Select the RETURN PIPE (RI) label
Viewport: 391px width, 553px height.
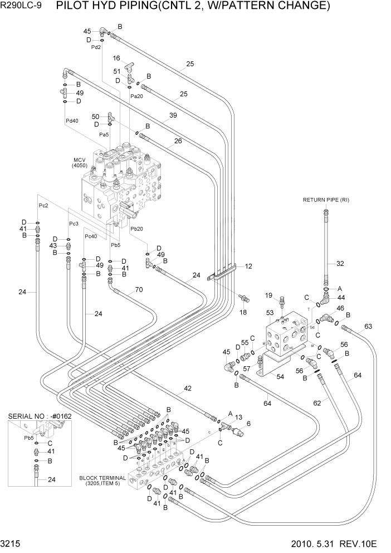326,200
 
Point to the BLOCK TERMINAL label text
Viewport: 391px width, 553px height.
102,478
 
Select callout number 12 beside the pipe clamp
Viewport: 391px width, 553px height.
248,266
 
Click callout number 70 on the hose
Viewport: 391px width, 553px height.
139,290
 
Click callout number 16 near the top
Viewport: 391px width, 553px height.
117,58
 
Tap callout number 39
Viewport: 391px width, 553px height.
173,115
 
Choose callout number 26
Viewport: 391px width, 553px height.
178,141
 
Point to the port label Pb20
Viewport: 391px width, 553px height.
137,229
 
